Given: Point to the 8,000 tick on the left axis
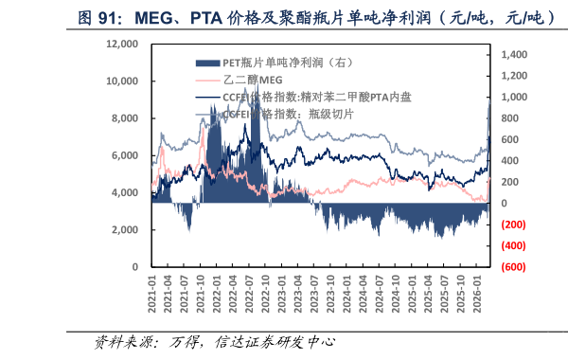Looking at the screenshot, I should click(121, 118).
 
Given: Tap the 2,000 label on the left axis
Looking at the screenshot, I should click(121, 230).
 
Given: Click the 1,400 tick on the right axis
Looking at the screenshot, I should click(512, 55).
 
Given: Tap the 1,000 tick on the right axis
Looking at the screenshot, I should click(512, 98).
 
